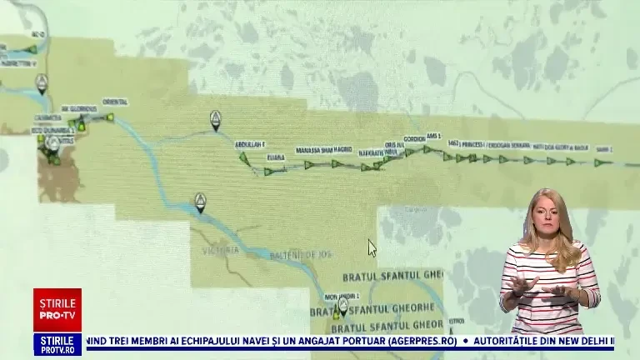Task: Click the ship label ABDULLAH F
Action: coord(249,143)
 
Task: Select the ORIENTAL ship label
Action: coord(115,102)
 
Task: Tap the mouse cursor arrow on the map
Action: coord(372,247)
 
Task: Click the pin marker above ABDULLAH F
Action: coord(216,119)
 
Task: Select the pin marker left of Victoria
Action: coord(200,202)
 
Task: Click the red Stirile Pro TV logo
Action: coord(57,310)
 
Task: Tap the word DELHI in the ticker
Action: coord(592,341)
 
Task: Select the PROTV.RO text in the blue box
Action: coord(57,350)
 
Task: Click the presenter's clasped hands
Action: coord(546,291)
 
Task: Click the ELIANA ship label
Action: coord(275,156)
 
